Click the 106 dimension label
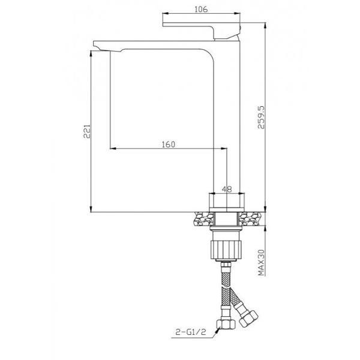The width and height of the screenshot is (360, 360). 201,10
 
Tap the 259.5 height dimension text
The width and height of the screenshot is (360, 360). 261,118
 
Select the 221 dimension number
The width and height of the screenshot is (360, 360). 87,131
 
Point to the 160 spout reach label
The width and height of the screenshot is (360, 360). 168,145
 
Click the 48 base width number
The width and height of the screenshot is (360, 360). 227,189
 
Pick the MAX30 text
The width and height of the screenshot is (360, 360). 261,263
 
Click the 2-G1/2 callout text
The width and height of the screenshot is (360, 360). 191,332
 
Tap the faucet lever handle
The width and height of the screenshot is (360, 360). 202,31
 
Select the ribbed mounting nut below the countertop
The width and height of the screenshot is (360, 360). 226,250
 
